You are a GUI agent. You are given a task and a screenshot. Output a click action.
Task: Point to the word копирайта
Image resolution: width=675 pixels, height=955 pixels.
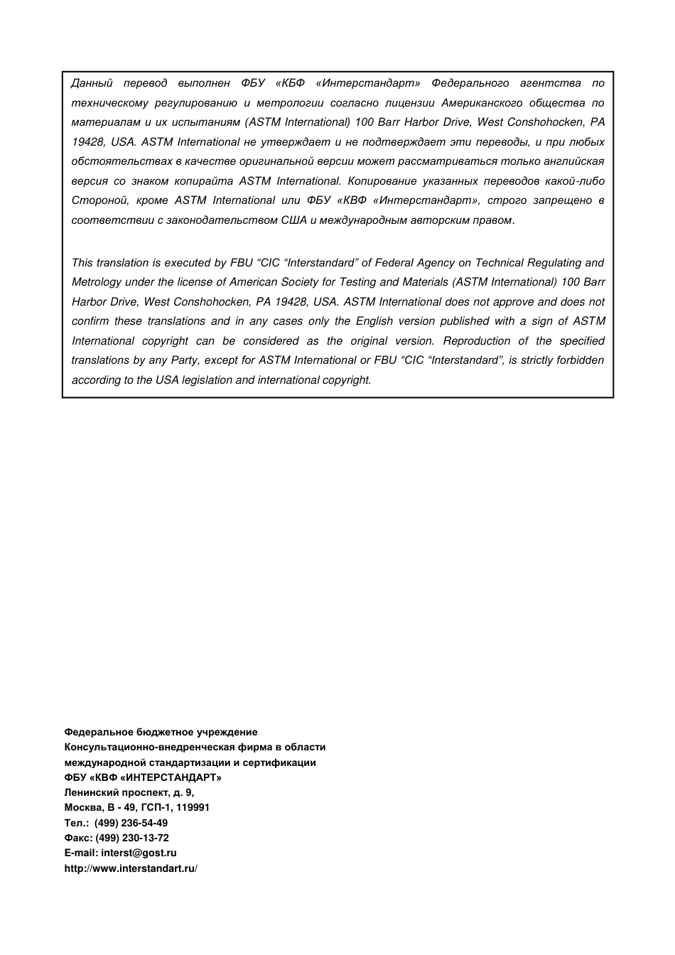[x=203, y=181]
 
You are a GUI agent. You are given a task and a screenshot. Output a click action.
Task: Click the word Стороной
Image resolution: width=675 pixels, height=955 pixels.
[x=99, y=200]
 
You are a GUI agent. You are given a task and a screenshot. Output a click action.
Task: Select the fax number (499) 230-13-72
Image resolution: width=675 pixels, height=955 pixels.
[x=132, y=838]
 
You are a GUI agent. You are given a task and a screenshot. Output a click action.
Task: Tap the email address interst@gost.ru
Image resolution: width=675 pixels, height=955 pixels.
[x=139, y=853]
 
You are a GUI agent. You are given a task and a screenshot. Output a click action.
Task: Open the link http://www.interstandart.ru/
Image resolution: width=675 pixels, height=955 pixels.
[x=131, y=868]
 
